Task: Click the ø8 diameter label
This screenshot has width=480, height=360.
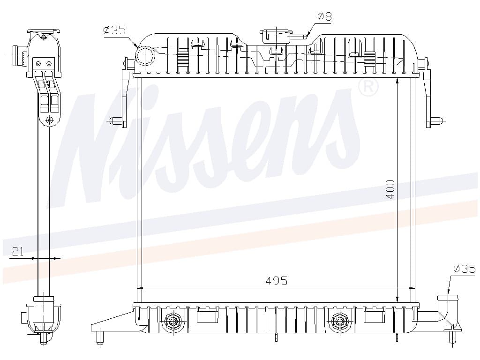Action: tap(324, 16)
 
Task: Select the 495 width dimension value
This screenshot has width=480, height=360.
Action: tap(277, 281)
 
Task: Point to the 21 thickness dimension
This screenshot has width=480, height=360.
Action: tap(18, 251)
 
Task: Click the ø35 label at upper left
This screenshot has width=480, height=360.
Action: tap(114, 30)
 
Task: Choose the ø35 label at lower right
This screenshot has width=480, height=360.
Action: tap(465, 269)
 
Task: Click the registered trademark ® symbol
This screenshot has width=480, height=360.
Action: tap(368, 87)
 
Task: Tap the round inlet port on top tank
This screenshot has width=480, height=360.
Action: tap(145, 56)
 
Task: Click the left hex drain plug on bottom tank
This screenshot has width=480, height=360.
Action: tap(173, 321)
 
